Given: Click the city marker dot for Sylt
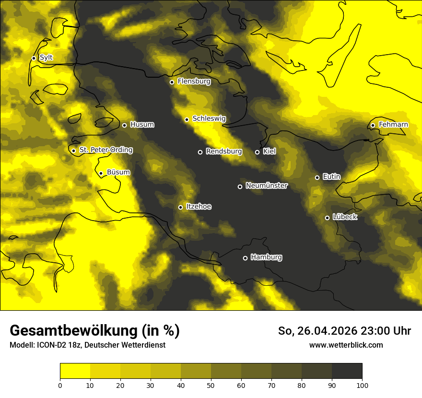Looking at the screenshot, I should click(x=34, y=58).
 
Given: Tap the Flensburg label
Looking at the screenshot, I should click(x=194, y=82).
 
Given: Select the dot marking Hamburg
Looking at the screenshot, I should click(x=245, y=258).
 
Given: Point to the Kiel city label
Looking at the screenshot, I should click(x=270, y=152).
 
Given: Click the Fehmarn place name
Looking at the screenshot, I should click(x=393, y=125).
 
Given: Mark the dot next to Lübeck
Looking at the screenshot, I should click(x=327, y=218).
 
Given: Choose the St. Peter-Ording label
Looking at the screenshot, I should click(x=105, y=150).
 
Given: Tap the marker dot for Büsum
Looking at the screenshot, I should click(x=101, y=174).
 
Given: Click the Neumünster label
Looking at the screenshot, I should click(x=266, y=186).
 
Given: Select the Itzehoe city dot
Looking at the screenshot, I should click(x=180, y=207).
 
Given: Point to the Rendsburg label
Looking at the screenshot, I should click(x=223, y=152).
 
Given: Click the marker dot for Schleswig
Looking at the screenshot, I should click(x=187, y=119).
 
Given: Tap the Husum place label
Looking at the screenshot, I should click(x=142, y=125).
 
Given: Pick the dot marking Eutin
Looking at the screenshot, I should click(x=317, y=177).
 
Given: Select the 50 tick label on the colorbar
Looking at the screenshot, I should click(x=211, y=385).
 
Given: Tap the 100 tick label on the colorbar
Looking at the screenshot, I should click(x=362, y=385).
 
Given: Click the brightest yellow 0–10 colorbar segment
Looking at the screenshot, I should click(x=75, y=371).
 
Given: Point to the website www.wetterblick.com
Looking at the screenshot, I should click(x=346, y=345).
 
